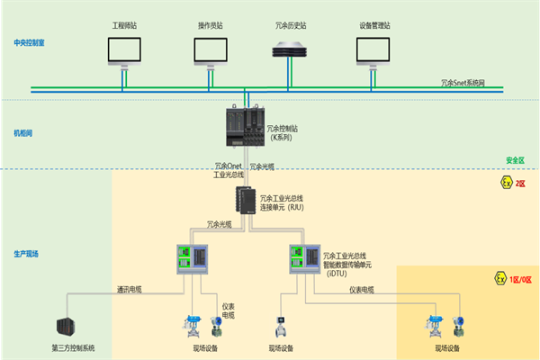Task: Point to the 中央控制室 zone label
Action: tap(28, 42)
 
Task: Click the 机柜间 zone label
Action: tap(22, 132)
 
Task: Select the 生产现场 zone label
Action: tap(25, 254)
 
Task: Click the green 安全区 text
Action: tap(515, 161)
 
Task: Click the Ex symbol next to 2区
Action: tap(505, 183)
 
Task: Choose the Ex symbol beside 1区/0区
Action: tap(501, 279)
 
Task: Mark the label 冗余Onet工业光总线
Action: tap(229, 169)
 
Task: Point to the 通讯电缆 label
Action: tap(130, 289)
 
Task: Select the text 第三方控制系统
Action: tap(74, 347)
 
